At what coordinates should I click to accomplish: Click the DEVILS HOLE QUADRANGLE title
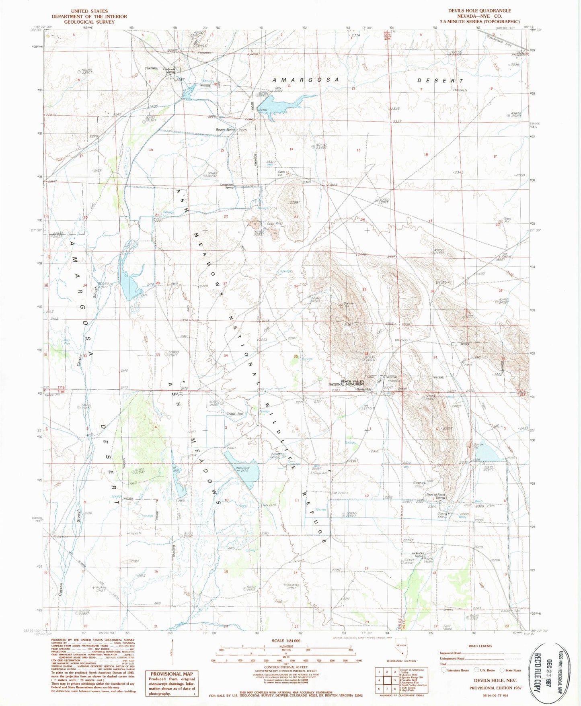click(x=480, y=11)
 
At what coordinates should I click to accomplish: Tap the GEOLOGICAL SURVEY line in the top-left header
click(x=89, y=22)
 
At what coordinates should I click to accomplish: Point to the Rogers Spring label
click(x=225, y=129)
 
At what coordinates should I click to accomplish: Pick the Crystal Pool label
click(x=235, y=413)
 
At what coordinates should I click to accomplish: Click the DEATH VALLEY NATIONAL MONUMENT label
click(x=346, y=383)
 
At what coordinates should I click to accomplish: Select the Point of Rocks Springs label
click(x=436, y=496)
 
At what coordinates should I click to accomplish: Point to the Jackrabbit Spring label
click(x=418, y=555)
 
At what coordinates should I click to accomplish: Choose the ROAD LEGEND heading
click(x=480, y=646)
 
